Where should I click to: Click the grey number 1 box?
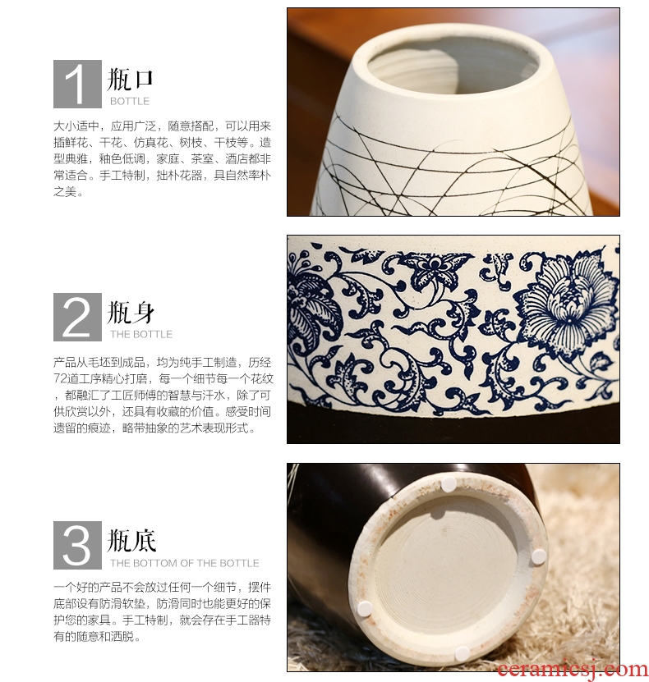[x=77, y=84]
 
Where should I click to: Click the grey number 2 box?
[x=77, y=317]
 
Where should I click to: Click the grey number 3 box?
[x=77, y=546]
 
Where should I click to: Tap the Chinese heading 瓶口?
[x=130, y=79]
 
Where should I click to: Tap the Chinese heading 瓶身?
[x=131, y=313]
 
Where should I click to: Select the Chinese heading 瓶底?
[x=131, y=541]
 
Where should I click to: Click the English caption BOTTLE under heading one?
[x=130, y=101]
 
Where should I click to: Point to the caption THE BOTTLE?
[x=141, y=335]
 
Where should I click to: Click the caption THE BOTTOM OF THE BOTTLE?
[x=185, y=563]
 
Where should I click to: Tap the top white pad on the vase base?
[x=449, y=484]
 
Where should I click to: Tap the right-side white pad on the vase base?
[x=539, y=556]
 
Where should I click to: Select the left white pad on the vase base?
[x=365, y=608]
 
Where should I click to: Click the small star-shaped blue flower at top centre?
[x=435, y=267]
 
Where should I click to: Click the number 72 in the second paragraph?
[x=61, y=379]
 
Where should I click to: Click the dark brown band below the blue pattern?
[x=453, y=428]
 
